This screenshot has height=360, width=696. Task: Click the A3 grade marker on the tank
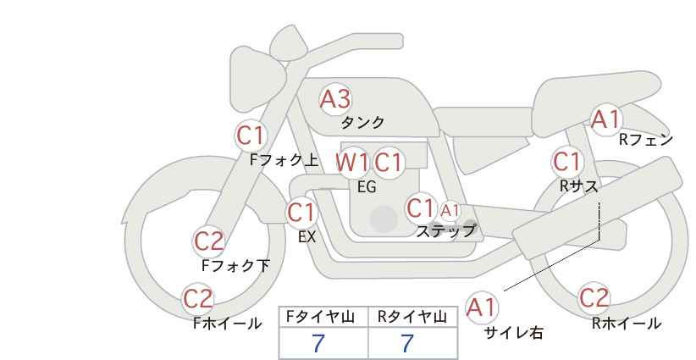(335, 99)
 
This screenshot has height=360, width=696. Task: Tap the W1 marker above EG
(351, 163)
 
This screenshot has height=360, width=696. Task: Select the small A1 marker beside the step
(450, 210)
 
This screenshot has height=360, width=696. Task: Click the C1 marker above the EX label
(301, 212)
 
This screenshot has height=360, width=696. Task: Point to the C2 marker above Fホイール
(198, 299)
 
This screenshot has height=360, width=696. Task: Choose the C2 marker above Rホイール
(594, 298)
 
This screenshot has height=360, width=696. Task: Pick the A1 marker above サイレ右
(482, 307)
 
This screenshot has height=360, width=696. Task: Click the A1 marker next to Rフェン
(606, 119)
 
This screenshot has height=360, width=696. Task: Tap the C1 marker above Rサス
(567, 162)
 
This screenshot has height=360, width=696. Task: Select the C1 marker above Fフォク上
(251, 136)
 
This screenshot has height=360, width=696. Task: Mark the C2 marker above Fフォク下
(209, 241)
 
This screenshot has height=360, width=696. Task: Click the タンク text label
(362, 123)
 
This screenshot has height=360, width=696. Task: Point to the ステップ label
(445, 231)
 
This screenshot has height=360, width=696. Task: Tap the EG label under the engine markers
(367, 187)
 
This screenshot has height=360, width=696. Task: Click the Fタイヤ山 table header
(320, 317)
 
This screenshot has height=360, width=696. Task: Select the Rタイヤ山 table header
(412, 317)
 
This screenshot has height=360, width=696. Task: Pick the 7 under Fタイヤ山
(318, 344)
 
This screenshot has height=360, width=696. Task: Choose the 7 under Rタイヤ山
(407, 344)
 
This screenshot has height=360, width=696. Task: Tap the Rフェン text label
(646, 140)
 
